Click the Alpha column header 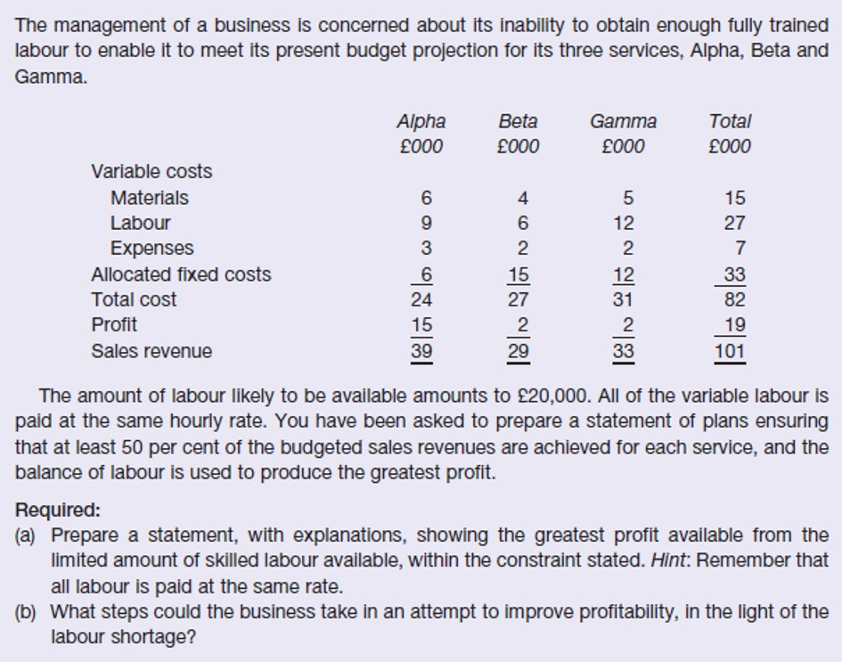[421, 121]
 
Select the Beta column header [518, 121]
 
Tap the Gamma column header [623, 121]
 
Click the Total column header [730, 121]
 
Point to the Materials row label [149, 198]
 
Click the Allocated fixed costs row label [180, 274]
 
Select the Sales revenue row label [151, 351]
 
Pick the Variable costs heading [151, 171]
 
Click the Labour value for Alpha [427, 223]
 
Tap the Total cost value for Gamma [624, 299]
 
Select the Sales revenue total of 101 [730, 351]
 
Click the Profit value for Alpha [421, 324]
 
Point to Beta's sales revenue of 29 [518, 351]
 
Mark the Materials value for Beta [523, 198]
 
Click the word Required [57, 511]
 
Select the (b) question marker [28, 612]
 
